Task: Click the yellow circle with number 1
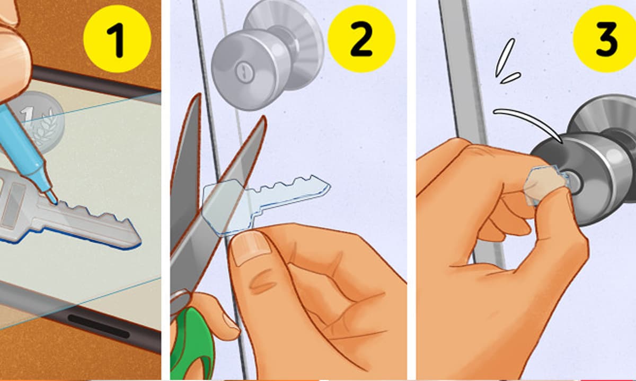117,39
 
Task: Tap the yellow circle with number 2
361,39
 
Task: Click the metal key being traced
65,213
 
